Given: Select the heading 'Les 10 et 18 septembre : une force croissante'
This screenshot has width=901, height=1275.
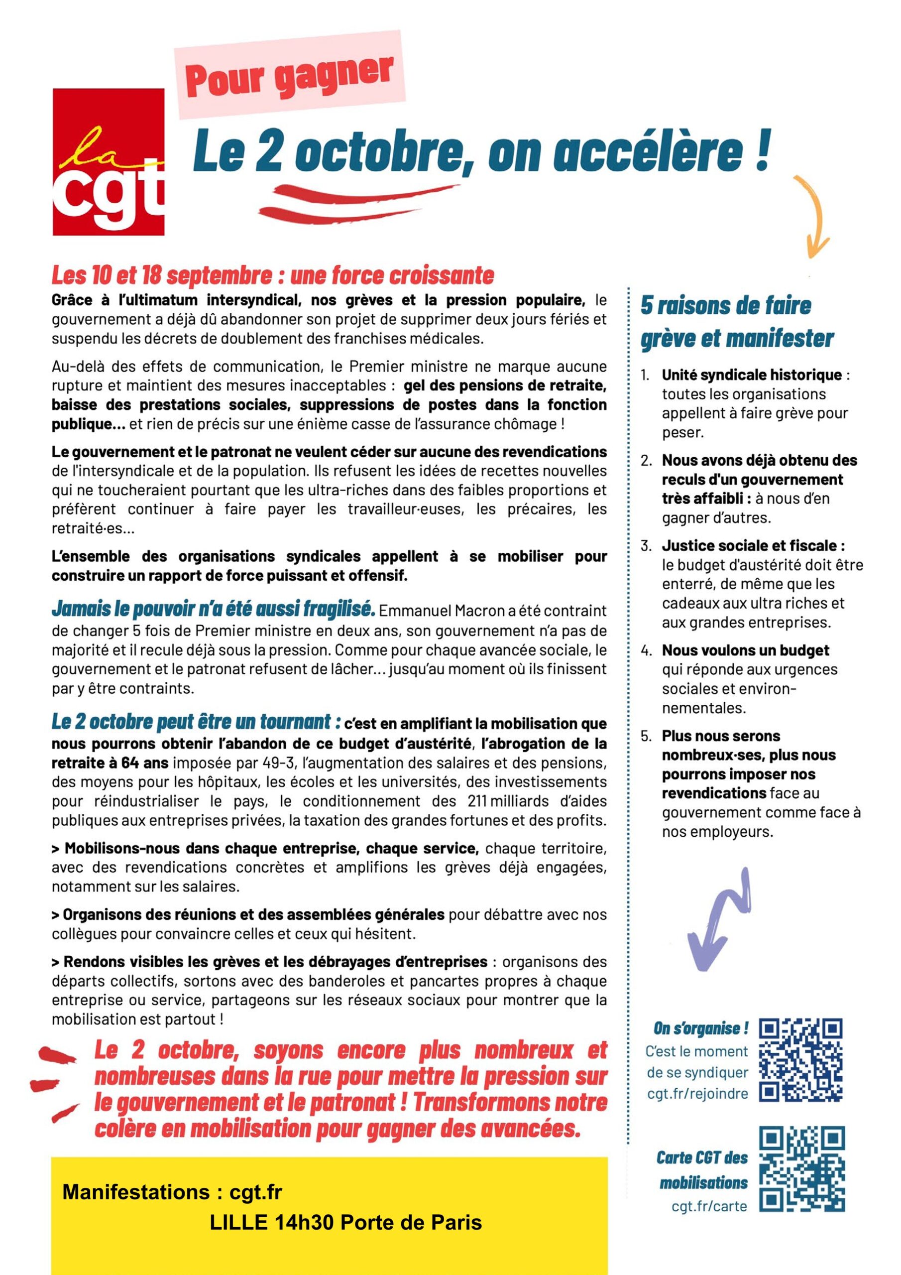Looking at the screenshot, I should pos(273,275).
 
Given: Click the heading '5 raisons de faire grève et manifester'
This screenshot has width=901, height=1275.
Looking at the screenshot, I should pos(737,322).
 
